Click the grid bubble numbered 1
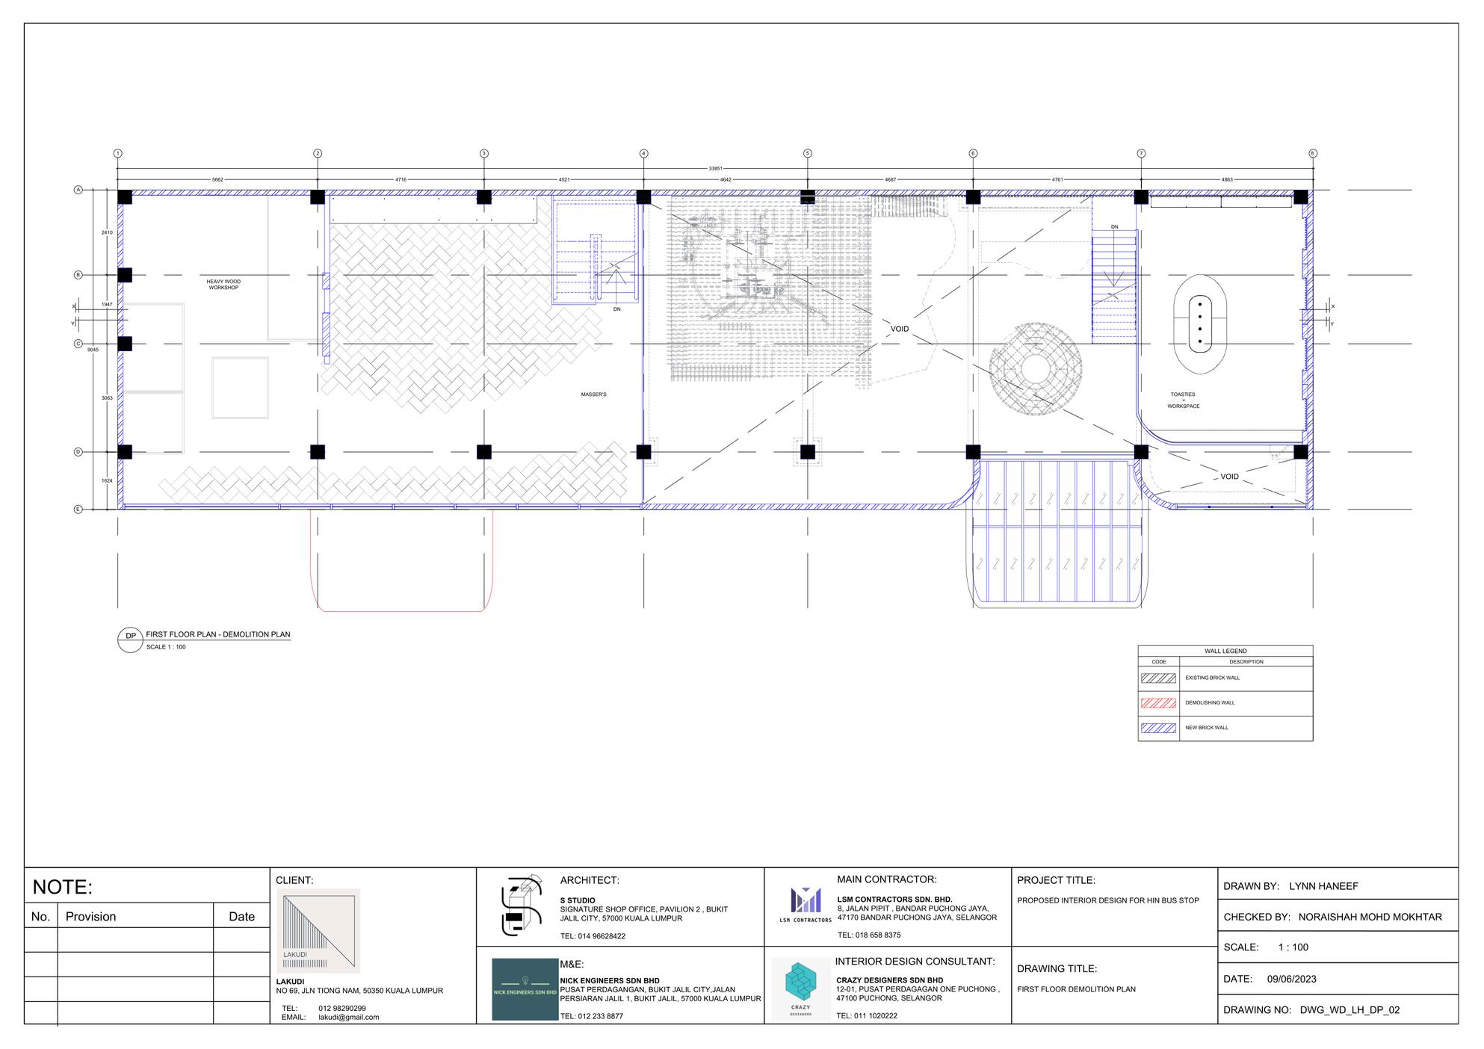point(117,153)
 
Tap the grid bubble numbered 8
point(1312,153)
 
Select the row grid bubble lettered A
point(78,190)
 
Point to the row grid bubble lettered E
point(78,510)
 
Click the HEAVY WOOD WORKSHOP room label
point(223,285)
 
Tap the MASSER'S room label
point(593,394)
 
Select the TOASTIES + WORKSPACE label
point(1183,400)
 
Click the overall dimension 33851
point(715,169)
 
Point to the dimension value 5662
point(217,180)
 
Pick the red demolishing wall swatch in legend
point(1158,703)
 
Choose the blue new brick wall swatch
point(1158,728)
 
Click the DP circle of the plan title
point(131,636)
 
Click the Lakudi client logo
point(318,930)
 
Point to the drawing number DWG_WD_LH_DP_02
point(1349,1010)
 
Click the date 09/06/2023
point(1292,979)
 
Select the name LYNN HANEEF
point(1323,887)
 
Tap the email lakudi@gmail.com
point(348,1017)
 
